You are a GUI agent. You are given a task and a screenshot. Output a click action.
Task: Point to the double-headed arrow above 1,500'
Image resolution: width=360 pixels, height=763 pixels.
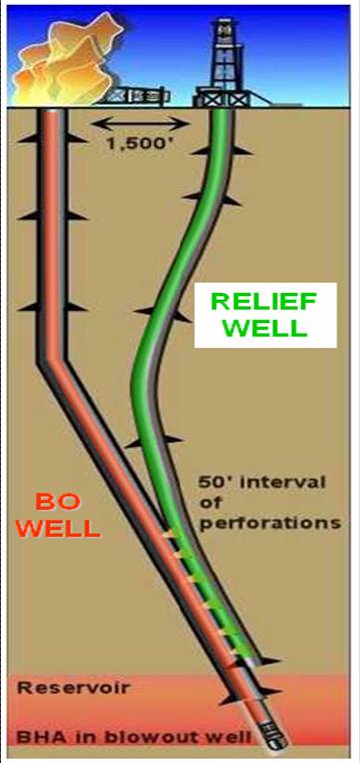coord(139,123)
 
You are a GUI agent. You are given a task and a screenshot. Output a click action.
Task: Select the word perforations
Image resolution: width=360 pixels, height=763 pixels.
coord(281,522)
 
